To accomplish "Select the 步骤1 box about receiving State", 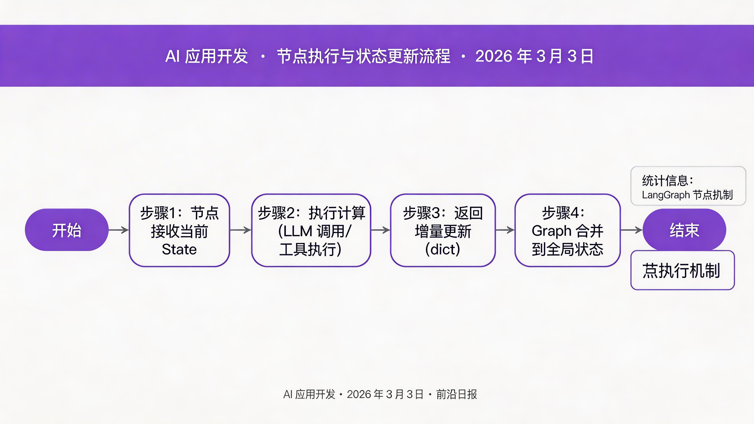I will click(x=179, y=230).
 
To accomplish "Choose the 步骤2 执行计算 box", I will click(x=311, y=230).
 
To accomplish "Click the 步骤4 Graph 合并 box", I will click(x=567, y=230).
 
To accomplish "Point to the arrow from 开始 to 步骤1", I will click(x=119, y=230).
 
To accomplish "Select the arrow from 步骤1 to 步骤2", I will click(x=240, y=230).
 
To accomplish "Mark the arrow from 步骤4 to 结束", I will click(x=631, y=230).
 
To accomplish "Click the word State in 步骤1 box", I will click(x=179, y=249).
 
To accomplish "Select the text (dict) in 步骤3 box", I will click(x=443, y=249).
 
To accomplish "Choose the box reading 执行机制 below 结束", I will click(x=682, y=270).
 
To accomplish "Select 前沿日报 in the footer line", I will click(x=456, y=394).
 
